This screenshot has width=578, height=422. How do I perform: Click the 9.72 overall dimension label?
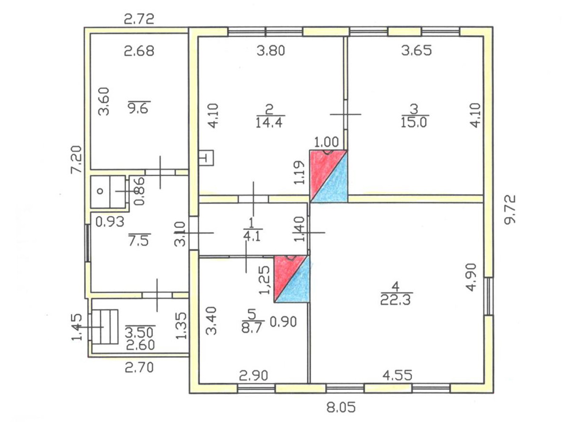pyautogui.click(x=509, y=209)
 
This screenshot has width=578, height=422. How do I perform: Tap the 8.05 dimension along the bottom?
pyautogui.click(x=341, y=408)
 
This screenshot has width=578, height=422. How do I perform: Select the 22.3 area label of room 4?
pyautogui.click(x=395, y=300)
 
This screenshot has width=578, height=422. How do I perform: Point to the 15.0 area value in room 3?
pyautogui.click(x=414, y=123)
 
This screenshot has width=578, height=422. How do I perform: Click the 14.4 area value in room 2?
pyautogui.click(x=269, y=123)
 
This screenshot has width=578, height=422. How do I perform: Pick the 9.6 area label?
pyautogui.click(x=138, y=108)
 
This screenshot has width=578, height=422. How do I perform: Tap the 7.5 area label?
pyautogui.click(x=139, y=241)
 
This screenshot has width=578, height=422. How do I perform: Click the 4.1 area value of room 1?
pyautogui.click(x=252, y=236)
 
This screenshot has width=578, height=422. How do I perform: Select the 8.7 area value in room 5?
pyautogui.click(x=251, y=328)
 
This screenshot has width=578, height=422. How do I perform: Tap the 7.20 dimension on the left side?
pyautogui.click(x=76, y=159)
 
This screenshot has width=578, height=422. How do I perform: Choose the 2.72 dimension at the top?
pyautogui.click(x=139, y=19)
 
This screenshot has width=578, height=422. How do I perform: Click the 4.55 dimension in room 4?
pyautogui.click(x=397, y=375)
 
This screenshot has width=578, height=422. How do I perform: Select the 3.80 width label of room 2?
pyautogui.click(x=271, y=51)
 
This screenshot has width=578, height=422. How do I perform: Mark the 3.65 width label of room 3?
pyautogui.click(x=416, y=51)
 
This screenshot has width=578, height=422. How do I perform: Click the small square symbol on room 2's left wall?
pyautogui.click(x=206, y=158)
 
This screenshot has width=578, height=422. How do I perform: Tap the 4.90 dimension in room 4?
pyautogui.click(x=471, y=277)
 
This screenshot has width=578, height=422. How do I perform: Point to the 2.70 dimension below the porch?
pyautogui.click(x=139, y=367)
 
